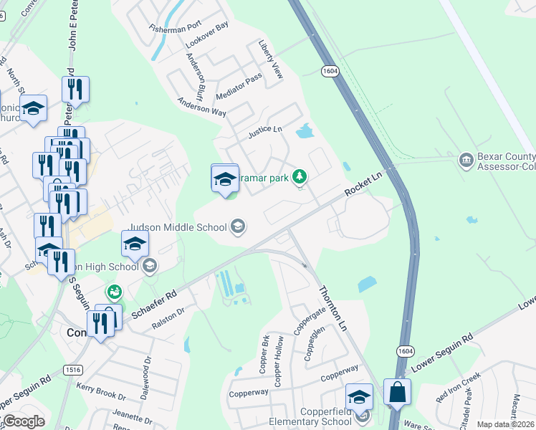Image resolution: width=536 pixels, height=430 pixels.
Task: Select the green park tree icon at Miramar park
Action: point(301,176)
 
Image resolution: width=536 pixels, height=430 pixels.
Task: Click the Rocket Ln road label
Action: point(363,184)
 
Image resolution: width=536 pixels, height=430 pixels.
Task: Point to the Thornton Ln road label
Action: point(332,307)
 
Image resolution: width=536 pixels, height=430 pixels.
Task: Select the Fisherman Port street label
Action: point(176,28)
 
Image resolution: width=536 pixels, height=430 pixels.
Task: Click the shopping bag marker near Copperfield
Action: point(397,393)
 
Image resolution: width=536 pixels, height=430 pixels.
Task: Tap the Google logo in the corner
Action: point(23,421)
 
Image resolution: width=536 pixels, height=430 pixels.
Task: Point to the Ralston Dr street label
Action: point(168,318)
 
